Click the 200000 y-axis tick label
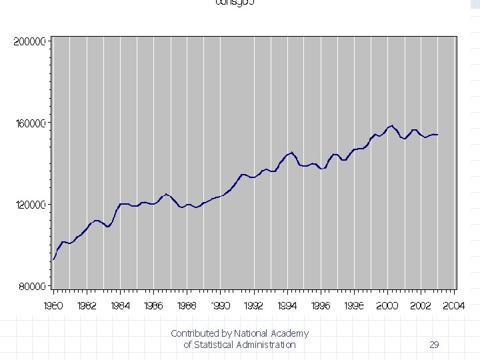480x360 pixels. click(x=29, y=41)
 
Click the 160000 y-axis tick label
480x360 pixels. click(x=29, y=123)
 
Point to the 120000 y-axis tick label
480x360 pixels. click(x=29, y=205)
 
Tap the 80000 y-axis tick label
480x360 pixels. click(x=31, y=287)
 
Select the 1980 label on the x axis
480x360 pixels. click(x=53, y=306)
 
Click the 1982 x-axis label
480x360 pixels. click(x=87, y=306)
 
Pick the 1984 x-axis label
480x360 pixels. click(x=120, y=306)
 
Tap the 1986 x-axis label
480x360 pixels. click(x=153, y=306)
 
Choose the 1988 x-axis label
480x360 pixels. click(x=187, y=306)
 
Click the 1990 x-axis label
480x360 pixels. click(x=221, y=306)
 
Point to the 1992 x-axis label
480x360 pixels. click(x=254, y=306)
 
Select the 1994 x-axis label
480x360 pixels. click(x=287, y=306)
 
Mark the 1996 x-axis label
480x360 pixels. click(x=321, y=306)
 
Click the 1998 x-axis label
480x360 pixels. click(x=354, y=306)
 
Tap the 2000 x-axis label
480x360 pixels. click(x=387, y=306)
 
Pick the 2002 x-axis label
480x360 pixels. click(x=421, y=306)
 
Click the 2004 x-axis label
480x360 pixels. click(x=454, y=306)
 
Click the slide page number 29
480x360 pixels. click(x=434, y=345)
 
